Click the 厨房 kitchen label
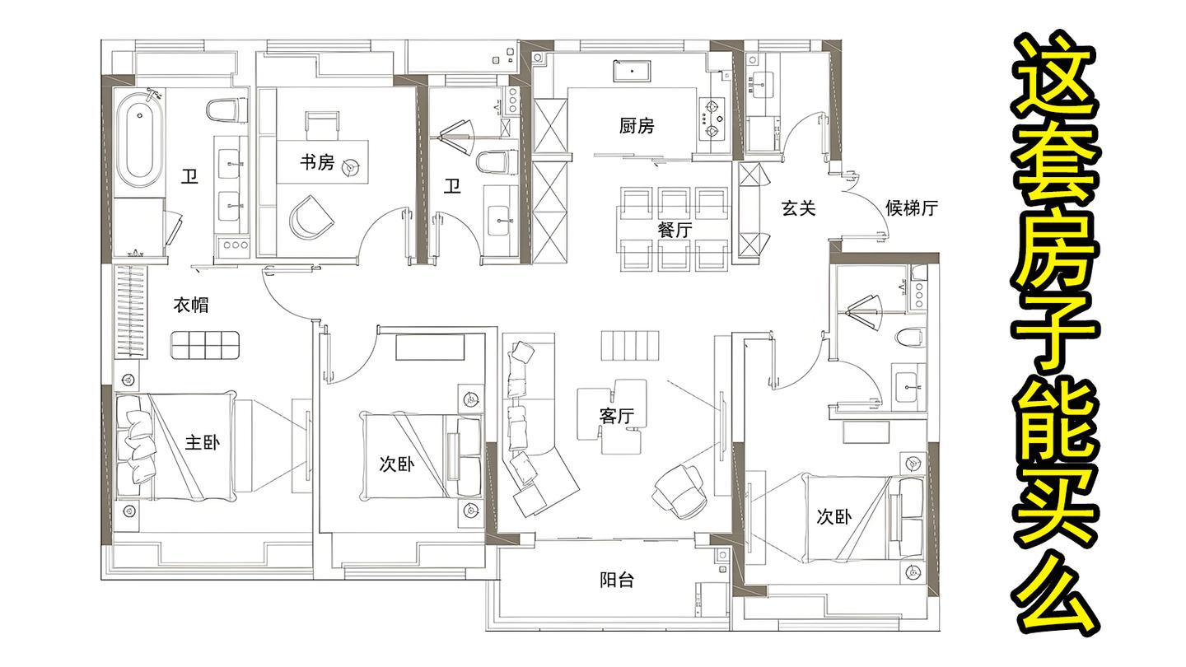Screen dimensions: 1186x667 click(x=637, y=126)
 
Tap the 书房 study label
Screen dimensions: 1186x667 click(x=317, y=162)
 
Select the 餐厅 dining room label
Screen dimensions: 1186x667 click(x=675, y=230)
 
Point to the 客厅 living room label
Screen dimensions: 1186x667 click(x=616, y=416)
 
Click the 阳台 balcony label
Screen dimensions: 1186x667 click(x=617, y=581)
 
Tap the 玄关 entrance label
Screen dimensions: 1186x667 click(x=798, y=208)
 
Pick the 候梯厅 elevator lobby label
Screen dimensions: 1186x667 click(x=912, y=208)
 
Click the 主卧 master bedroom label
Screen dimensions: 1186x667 click(x=203, y=442)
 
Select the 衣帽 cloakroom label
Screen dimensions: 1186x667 click(x=191, y=305)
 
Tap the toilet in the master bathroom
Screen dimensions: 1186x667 click(x=227, y=110)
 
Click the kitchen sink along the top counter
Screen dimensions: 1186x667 click(x=632, y=72)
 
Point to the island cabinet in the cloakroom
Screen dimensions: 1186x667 click(x=205, y=345)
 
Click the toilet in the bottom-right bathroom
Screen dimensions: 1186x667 click(x=911, y=337)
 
